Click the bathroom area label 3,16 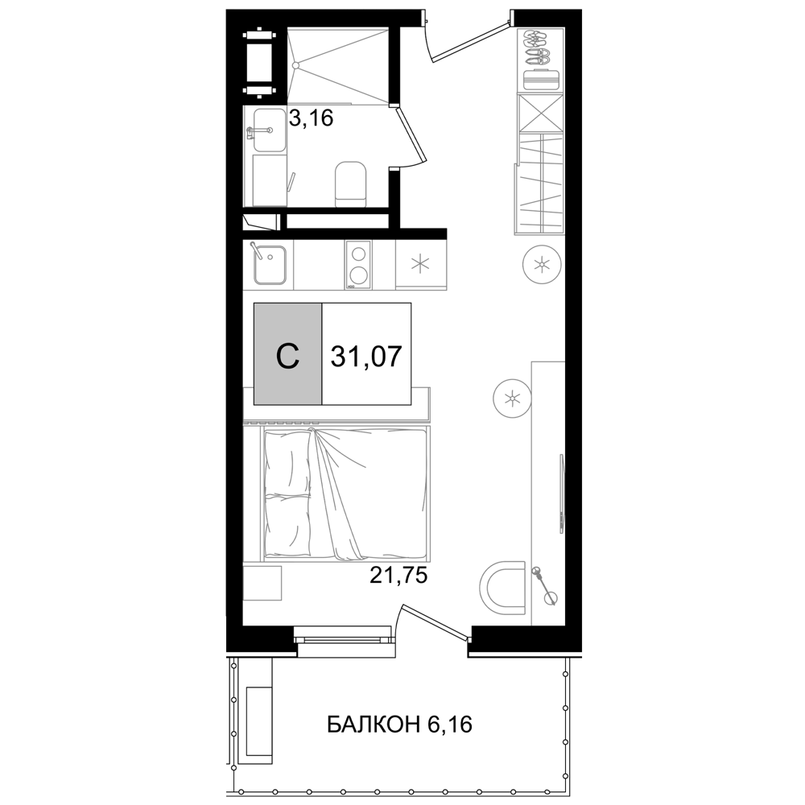tap(311, 118)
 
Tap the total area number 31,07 tap(366, 357)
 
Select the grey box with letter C tap(288, 353)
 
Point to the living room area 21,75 tap(399, 576)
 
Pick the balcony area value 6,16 tap(449, 725)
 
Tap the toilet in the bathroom tap(351, 184)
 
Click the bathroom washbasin tap(264, 130)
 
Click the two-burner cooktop tap(358, 265)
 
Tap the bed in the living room tap(345, 492)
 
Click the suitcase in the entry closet tap(541, 80)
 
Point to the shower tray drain tap(295, 65)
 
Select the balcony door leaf tap(436, 621)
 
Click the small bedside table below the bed tap(262, 583)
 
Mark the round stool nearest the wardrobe tap(541, 265)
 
